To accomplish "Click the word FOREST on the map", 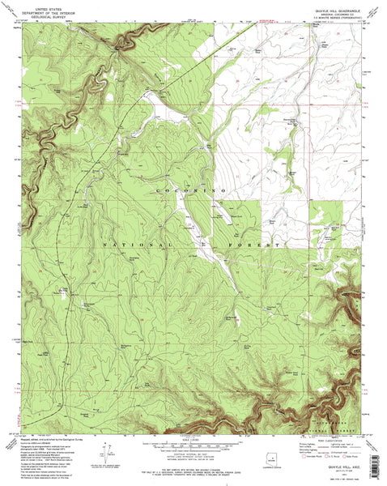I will click(262, 243).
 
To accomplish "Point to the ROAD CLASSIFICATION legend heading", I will click(331, 437).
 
